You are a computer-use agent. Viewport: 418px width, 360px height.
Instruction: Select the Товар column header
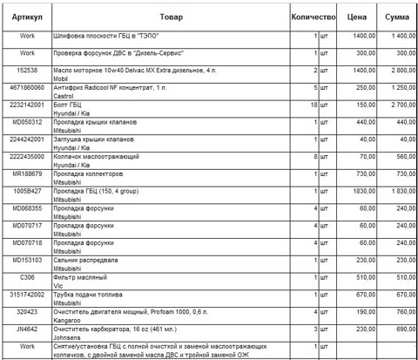coord(172,17)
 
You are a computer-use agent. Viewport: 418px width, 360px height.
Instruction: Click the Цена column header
coord(357,17)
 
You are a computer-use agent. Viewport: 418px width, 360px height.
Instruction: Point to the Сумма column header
coord(398,17)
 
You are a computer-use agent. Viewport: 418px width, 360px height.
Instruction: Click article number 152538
coord(27,69)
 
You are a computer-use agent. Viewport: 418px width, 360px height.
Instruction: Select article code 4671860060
coord(27,87)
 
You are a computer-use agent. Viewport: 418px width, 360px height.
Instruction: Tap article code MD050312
coord(27,122)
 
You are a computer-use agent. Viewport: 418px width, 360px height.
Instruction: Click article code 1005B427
coord(27,190)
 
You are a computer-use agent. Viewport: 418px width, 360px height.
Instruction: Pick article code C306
coord(27,276)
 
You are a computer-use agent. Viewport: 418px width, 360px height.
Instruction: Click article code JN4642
coord(27,328)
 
